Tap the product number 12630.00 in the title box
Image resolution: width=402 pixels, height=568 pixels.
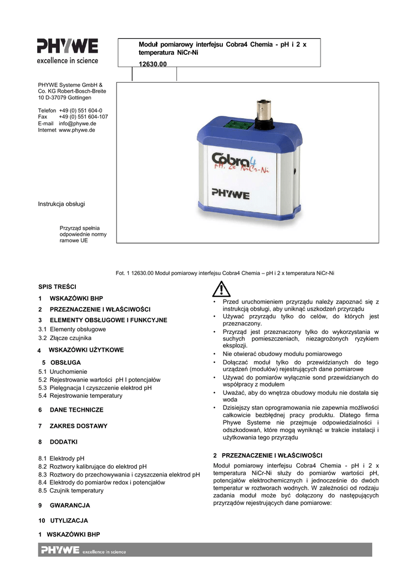[x=152, y=64]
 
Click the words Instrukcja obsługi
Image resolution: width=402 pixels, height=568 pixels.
[x=62, y=204]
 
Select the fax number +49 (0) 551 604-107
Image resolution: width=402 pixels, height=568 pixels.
[x=83, y=117]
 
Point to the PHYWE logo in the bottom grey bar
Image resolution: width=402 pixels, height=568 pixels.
[x=61, y=551]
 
